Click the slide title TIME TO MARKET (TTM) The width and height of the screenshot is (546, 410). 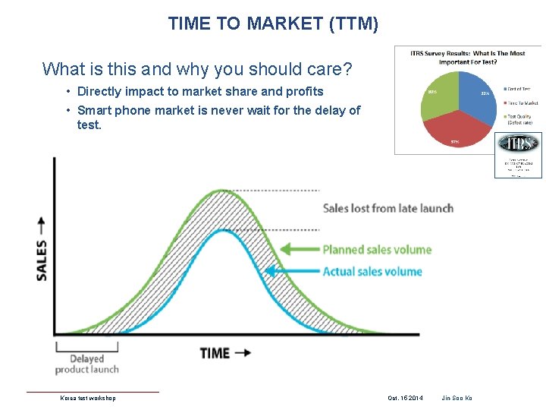point(273,24)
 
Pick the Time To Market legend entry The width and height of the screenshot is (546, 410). point(521,102)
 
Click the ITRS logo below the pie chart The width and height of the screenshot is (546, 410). point(518,144)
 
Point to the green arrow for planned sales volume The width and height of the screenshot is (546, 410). point(299,249)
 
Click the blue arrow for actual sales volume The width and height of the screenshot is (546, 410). point(291,271)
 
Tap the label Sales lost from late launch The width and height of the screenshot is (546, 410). point(388,208)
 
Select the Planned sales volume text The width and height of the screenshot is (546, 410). point(377,249)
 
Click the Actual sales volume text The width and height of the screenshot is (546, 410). point(372,271)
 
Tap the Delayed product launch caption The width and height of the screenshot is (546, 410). point(86,364)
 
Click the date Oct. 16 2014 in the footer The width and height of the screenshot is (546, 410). point(405,398)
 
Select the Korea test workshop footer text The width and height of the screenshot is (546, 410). point(88,398)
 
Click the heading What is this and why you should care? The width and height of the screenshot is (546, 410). point(197,70)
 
